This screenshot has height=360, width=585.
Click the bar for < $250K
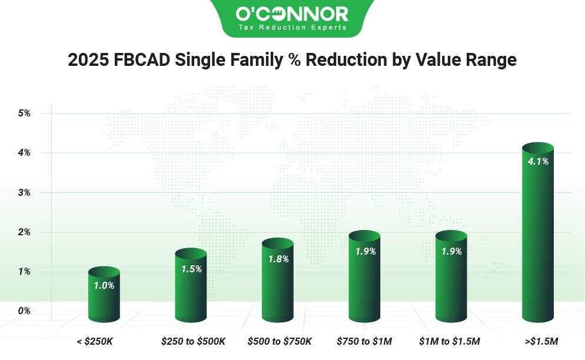click(104, 297)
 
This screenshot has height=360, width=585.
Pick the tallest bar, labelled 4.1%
click(538, 235)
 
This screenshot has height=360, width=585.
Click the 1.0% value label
click(104, 285)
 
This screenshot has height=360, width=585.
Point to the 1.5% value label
click(191, 269)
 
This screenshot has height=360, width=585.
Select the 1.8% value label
click(278, 259)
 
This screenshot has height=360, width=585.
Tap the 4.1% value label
click(538, 161)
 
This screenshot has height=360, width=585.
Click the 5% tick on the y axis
click(24, 113)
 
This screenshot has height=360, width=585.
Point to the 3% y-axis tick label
click(24, 192)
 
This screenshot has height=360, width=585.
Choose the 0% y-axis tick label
click(24, 311)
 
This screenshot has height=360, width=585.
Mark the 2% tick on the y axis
click(24, 232)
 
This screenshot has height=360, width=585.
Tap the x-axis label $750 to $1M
click(364, 341)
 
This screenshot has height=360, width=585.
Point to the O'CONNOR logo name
click(292, 14)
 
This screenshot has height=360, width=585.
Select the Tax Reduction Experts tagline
click(292, 28)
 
